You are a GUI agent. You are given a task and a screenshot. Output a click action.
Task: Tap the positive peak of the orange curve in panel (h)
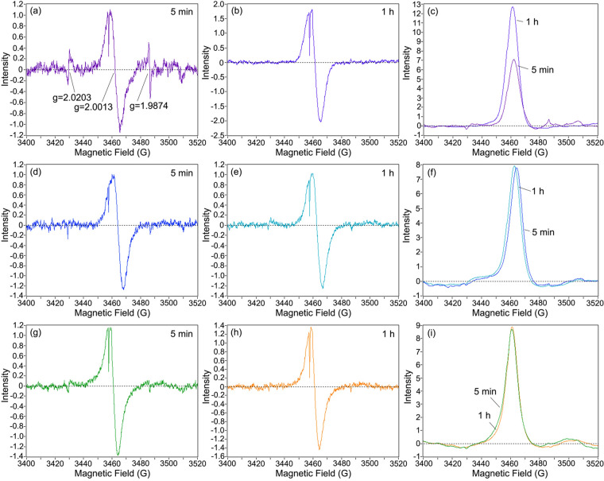[310, 328]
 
